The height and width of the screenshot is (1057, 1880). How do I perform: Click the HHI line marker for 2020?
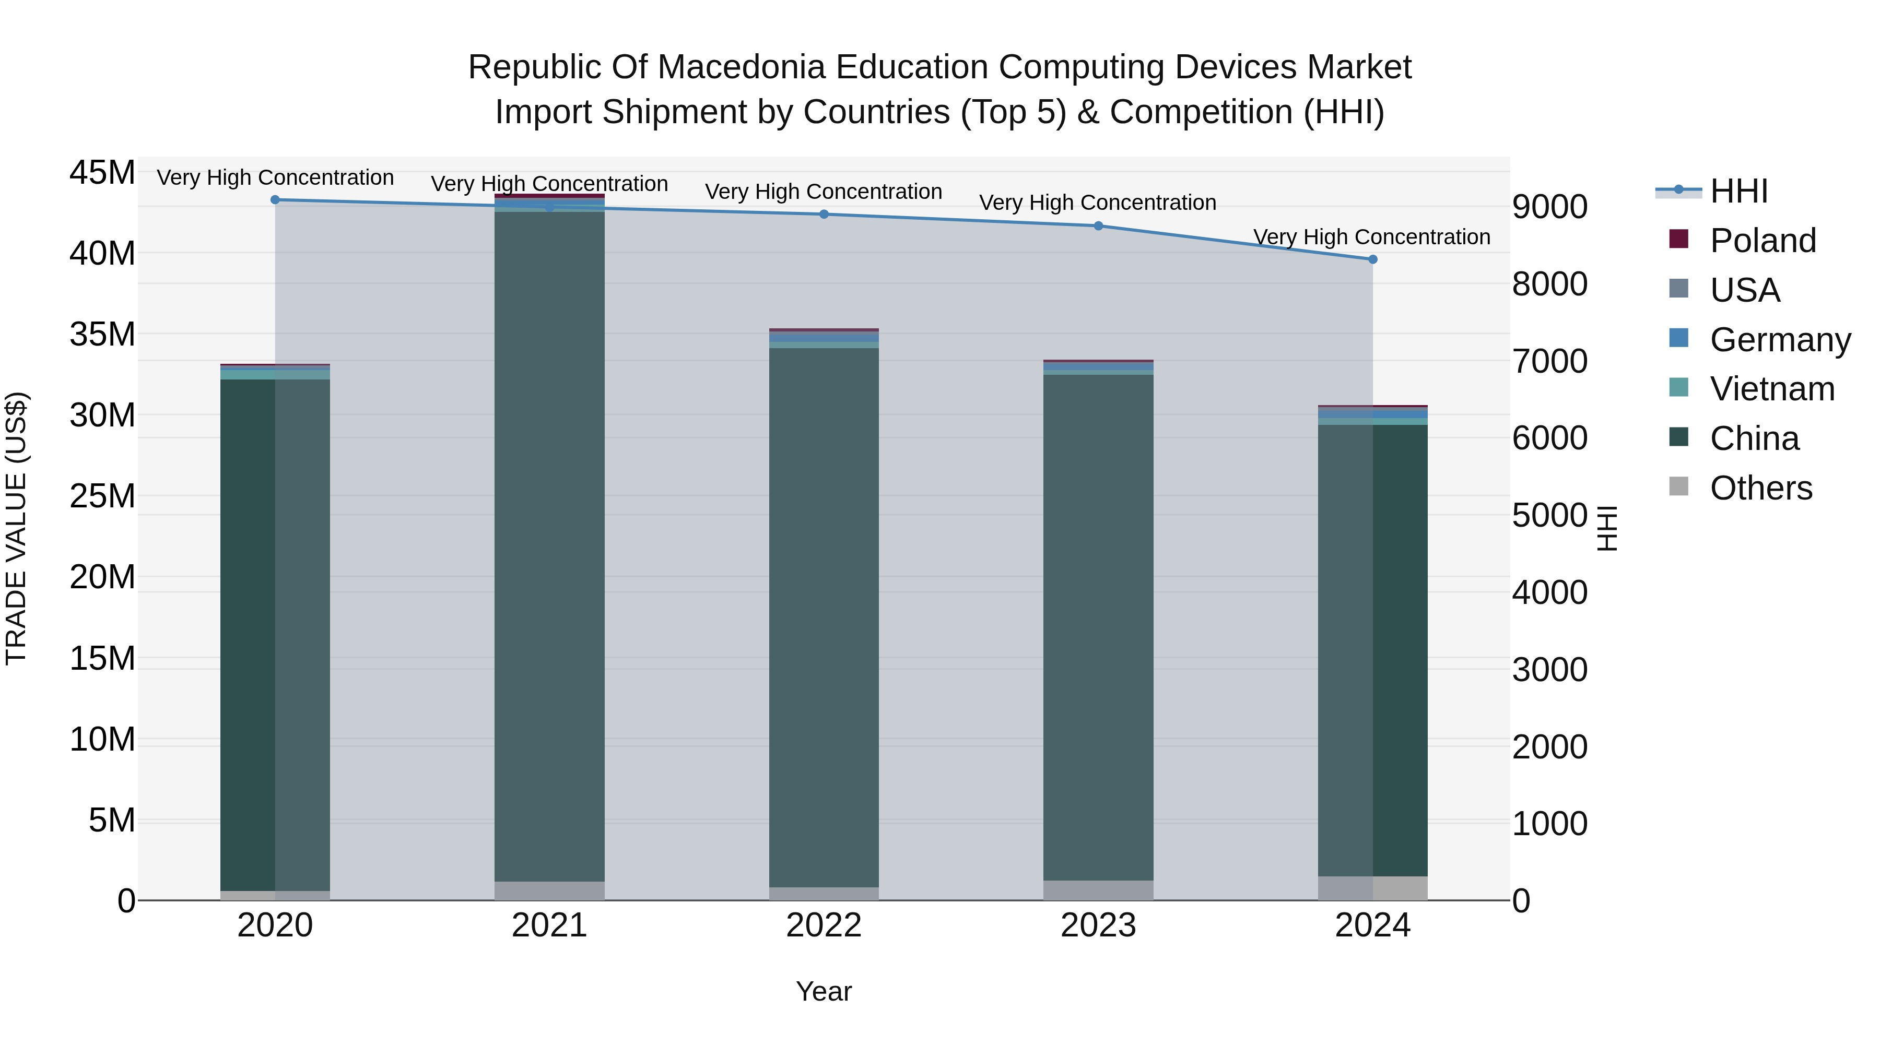(x=275, y=200)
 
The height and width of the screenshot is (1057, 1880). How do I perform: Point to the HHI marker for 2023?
(x=1098, y=226)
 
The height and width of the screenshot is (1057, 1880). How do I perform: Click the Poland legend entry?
(x=1762, y=241)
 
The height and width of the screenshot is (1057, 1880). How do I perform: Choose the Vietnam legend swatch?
(x=1678, y=388)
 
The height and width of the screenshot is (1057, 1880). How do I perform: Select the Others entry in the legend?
(x=1760, y=488)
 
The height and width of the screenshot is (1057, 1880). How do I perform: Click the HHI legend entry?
(x=1738, y=191)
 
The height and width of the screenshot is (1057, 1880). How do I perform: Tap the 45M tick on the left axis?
(x=102, y=174)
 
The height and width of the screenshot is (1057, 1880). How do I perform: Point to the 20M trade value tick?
(x=102, y=577)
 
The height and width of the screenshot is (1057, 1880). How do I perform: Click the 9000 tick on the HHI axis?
(x=1549, y=207)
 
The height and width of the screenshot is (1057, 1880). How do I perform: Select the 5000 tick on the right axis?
(x=1549, y=516)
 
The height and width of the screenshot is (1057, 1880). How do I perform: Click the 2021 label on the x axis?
(x=549, y=925)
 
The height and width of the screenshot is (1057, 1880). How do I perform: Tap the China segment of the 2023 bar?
(x=1098, y=627)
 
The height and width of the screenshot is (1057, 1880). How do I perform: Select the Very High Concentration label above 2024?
(x=1371, y=237)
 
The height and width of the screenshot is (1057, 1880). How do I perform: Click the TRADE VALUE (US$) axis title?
(x=16, y=528)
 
